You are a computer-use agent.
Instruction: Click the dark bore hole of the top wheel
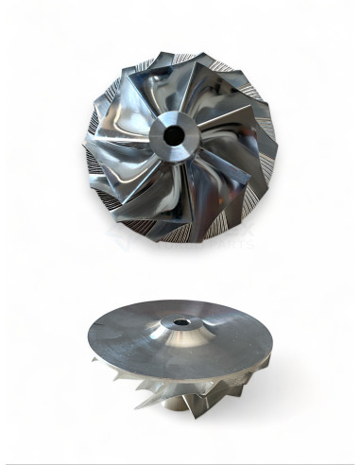pyautogui.click(x=174, y=135)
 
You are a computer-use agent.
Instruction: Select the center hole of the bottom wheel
pyautogui.click(x=179, y=323)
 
